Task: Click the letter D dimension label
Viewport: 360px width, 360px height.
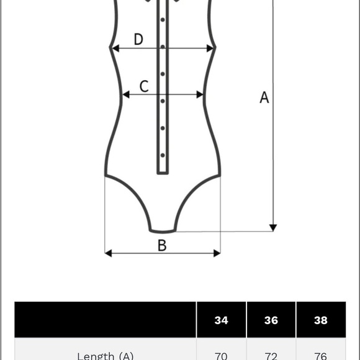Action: [138, 39]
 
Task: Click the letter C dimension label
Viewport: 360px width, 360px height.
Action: [144, 86]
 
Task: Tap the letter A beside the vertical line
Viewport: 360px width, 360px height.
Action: [264, 97]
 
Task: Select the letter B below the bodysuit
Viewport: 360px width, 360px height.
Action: [162, 245]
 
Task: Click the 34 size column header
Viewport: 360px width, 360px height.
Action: [222, 320]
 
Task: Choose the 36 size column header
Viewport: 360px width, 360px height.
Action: [271, 320]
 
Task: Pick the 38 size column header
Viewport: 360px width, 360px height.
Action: [321, 320]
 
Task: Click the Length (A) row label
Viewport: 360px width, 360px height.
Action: [105, 356]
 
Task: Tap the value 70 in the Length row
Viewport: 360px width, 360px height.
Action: [222, 356]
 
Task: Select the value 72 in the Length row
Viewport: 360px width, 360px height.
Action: [271, 356]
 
